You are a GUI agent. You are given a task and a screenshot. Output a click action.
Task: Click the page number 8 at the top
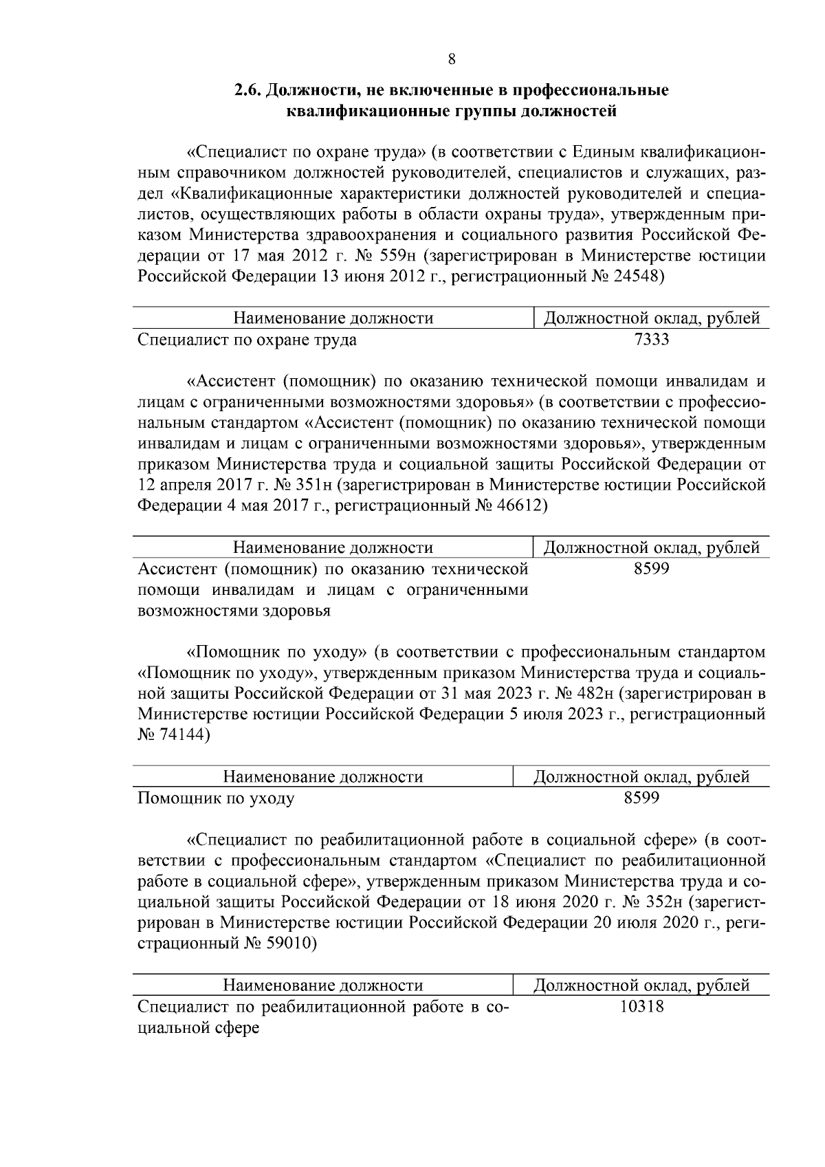point(451,59)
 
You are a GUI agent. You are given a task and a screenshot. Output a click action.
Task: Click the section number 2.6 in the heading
point(247,90)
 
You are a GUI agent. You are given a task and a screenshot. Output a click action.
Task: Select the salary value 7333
point(651,339)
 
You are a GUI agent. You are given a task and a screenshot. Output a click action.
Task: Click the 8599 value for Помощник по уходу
point(641,798)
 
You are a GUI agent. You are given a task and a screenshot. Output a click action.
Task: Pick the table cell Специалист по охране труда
point(247,340)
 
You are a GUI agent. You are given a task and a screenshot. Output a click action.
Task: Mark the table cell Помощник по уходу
point(217,798)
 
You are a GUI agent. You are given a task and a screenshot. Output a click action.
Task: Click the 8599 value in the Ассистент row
point(651,569)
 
